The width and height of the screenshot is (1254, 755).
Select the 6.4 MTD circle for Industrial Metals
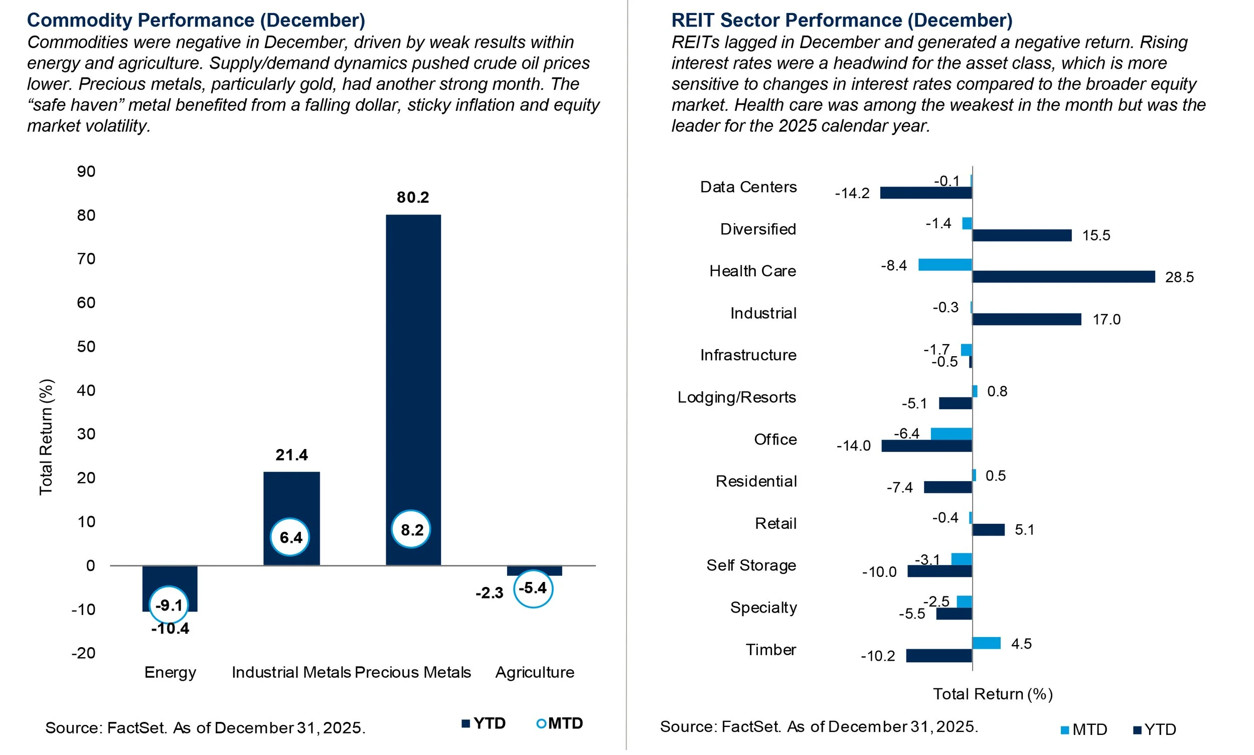[290, 537]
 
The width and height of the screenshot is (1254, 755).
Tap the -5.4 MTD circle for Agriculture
[533, 588]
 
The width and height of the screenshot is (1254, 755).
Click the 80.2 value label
[413, 197]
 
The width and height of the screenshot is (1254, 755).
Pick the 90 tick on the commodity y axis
[86, 172]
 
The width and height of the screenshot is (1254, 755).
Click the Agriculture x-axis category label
[535, 673]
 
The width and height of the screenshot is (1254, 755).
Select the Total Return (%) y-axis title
[46, 436]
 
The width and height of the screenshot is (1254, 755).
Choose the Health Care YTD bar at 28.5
[1063, 277]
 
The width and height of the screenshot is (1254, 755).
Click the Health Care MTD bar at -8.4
[945, 264]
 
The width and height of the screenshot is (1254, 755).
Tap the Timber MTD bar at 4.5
[986, 643]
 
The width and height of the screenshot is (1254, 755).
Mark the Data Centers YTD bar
[926, 193]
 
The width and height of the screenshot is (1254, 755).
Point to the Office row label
[775, 439]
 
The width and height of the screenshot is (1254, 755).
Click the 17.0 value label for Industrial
[1107, 320]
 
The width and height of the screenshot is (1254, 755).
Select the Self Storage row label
[751, 565]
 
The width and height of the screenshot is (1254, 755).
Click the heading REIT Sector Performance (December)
[841, 21]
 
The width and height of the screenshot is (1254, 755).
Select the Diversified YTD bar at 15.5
[1022, 235]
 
